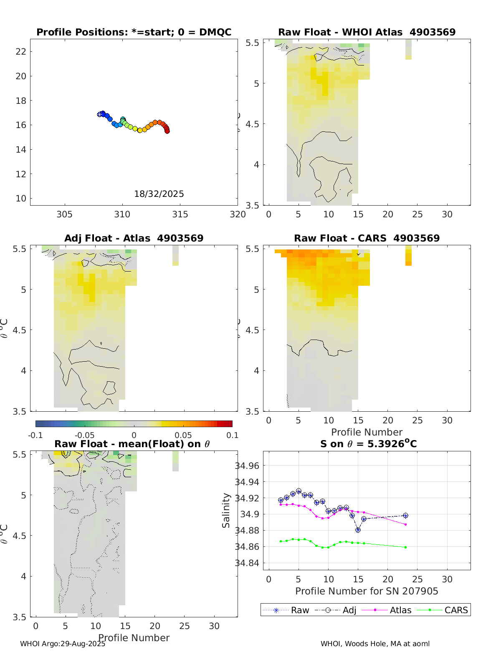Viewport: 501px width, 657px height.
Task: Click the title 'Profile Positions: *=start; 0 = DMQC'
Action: coord(134,32)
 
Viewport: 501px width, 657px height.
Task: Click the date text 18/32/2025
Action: coord(159,194)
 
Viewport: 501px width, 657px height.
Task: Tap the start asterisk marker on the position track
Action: coord(100,114)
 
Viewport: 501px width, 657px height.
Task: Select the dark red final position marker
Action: coord(167,131)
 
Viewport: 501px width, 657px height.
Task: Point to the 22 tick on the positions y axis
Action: coord(21,51)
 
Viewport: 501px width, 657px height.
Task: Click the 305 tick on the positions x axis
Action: coord(64,214)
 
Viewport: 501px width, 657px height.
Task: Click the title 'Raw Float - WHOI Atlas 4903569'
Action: coord(367,32)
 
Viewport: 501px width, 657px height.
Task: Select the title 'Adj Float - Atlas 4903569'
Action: coord(134,238)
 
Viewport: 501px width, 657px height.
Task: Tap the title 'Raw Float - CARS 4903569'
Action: coord(367,238)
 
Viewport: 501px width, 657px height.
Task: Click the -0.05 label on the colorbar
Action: coord(84,435)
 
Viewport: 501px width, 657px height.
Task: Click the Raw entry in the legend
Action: coord(286,610)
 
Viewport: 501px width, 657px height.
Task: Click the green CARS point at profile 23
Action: coord(405,547)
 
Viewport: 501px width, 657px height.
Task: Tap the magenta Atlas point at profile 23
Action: coord(405,524)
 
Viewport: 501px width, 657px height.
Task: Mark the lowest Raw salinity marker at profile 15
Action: coord(358,530)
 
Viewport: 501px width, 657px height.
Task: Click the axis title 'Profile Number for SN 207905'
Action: coord(367,591)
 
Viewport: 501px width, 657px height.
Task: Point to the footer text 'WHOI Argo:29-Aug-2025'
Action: coord(63,644)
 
